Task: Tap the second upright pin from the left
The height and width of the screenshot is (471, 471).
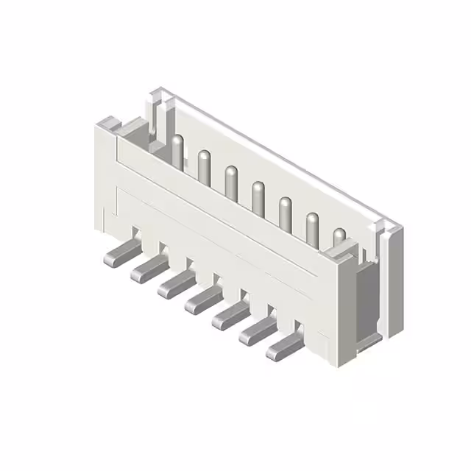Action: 204,167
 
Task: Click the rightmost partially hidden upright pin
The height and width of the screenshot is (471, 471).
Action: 339,238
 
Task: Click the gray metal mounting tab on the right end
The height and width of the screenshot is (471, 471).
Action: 366,302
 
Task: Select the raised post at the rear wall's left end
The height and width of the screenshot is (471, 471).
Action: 157,110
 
